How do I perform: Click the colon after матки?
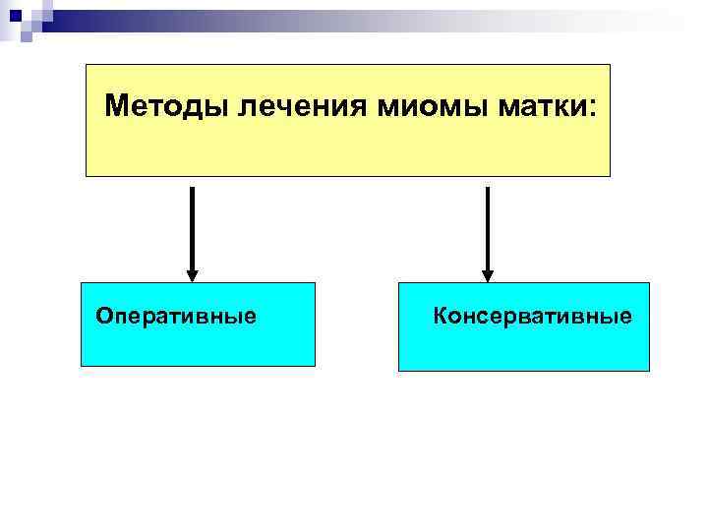click(592, 107)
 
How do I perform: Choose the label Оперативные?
click(176, 317)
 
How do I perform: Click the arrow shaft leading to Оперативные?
click(192, 226)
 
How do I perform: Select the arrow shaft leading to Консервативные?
click(487, 226)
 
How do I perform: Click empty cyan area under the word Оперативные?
click(197, 346)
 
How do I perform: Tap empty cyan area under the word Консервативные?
click(523, 349)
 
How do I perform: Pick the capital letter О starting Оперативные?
click(103, 317)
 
